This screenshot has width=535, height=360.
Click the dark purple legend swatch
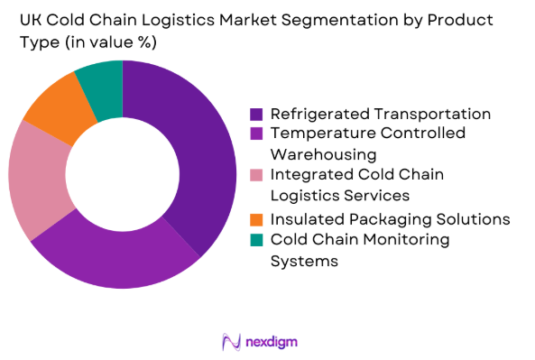256,115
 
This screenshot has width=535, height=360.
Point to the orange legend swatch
256,220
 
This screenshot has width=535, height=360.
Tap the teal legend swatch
256,239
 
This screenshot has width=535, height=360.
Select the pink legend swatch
256,176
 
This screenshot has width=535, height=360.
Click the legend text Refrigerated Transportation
381,115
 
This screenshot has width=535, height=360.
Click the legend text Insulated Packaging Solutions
391,220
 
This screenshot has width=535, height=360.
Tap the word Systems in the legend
305,261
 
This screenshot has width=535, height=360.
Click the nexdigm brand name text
271,341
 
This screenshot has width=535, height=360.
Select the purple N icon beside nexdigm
229,341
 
